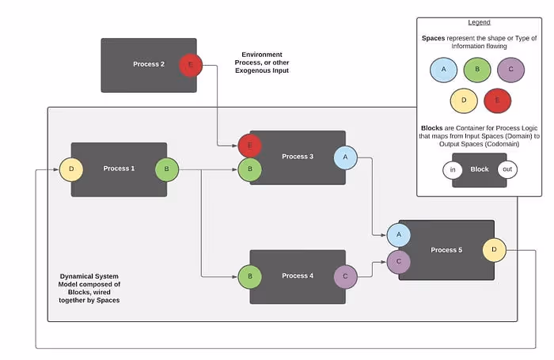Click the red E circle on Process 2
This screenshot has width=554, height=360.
(x=190, y=66)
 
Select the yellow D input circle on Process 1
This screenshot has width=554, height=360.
(x=71, y=169)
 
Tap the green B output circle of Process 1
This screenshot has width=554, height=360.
(x=167, y=169)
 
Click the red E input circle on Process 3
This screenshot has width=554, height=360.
(x=250, y=146)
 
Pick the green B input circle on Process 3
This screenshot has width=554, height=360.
(x=250, y=169)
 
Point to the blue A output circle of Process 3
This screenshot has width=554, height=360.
(x=345, y=157)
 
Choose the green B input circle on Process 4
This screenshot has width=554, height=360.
(x=250, y=276)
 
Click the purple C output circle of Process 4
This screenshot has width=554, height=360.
(x=345, y=276)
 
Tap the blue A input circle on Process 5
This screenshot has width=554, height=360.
(x=398, y=234)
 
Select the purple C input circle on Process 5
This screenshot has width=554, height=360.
(x=398, y=260)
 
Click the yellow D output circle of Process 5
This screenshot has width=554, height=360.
(x=494, y=250)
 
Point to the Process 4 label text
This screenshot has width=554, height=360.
(x=298, y=276)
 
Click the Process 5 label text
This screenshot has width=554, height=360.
(x=446, y=250)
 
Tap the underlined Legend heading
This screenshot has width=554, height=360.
(x=479, y=22)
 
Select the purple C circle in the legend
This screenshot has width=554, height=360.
(x=510, y=70)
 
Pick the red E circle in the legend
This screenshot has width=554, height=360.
(x=497, y=101)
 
